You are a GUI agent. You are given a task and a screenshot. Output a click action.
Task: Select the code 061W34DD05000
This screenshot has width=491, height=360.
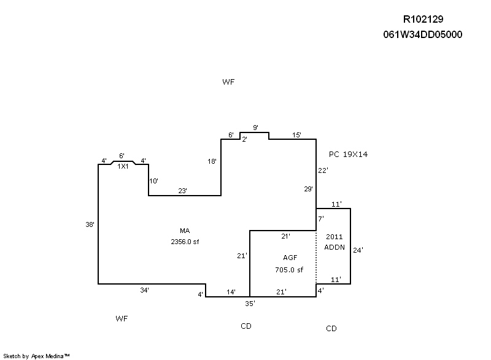(422, 34)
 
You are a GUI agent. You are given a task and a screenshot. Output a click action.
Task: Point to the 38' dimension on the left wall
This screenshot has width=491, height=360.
(90, 224)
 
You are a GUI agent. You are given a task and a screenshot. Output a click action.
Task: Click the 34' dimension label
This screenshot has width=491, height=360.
(144, 289)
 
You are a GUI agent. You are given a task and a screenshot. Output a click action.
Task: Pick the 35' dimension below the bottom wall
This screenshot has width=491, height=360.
(250, 303)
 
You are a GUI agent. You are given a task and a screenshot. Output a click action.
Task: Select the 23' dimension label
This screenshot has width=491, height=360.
(182, 191)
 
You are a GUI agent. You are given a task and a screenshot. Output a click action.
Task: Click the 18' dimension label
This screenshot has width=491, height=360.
(212, 161)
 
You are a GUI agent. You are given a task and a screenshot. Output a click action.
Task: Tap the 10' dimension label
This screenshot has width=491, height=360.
(153, 181)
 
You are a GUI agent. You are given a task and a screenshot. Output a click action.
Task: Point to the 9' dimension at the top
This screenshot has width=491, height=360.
(255, 128)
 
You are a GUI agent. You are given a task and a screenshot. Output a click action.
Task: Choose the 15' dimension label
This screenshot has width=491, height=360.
(296, 135)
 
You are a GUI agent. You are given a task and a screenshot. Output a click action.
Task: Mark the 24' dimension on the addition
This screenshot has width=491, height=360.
(358, 250)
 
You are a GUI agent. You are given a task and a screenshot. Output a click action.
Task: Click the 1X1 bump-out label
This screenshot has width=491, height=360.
(123, 166)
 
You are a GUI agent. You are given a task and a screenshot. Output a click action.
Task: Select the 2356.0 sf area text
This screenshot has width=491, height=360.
(185, 242)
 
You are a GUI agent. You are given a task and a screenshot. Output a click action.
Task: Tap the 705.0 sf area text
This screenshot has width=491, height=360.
(289, 269)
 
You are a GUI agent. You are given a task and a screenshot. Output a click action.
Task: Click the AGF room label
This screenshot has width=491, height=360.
(290, 258)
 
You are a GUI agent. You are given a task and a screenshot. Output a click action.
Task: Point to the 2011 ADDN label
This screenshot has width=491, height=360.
(334, 242)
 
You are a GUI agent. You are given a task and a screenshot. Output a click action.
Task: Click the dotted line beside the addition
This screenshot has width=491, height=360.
(316, 258)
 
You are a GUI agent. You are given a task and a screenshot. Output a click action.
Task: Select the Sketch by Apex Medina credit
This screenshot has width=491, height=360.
(37, 355)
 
